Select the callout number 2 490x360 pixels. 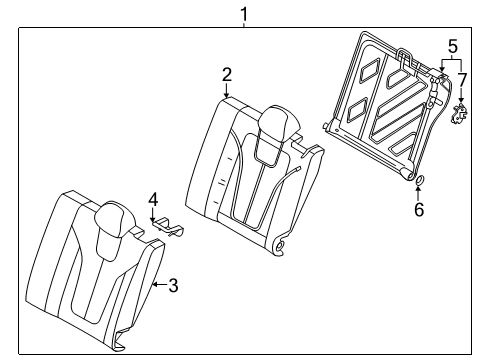[227, 74]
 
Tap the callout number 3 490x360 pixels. [172, 285]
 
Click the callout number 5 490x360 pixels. [452, 46]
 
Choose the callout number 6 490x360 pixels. [420, 209]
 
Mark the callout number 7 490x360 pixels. [462, 79]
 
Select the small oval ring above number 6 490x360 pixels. [418, 181]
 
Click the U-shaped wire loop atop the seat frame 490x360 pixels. [406, 59]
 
